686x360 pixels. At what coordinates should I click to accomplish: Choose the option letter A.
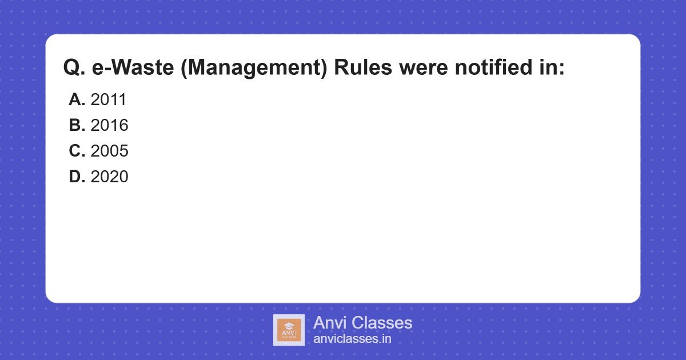pos(77,100)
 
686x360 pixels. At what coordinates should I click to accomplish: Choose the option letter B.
pos(77,126)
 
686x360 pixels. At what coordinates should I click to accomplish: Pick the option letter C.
pos(77,151)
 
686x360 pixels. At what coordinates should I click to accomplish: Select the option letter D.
pos(77,177)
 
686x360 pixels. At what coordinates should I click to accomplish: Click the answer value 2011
pos(108,100)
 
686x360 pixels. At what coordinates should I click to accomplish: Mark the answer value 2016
pos(109,126)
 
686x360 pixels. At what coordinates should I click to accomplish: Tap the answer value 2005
pos(109,151)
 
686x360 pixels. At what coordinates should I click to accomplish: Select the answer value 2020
pos(109,177)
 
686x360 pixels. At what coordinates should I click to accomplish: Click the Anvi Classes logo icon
pos(289,330)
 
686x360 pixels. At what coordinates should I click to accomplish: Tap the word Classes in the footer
pos(381,323)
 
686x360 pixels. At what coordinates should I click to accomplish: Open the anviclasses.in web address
pos(352,339)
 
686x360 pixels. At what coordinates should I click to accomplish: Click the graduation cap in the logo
pos(289,326)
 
